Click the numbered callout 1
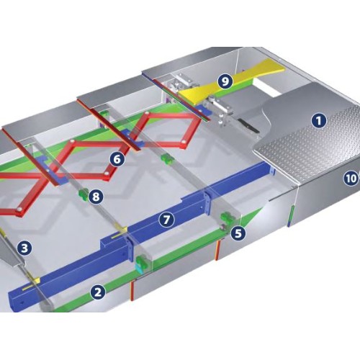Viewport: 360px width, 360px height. click(x=319, y=121)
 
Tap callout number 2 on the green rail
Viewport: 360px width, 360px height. click(x=98, y=292)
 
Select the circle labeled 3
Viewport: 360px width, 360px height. click(x=24, y=248)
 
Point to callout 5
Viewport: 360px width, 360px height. click(x=238, y=233)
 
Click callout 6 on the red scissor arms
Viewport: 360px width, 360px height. click(x=117, y=159)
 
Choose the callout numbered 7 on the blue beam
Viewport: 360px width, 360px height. click(x=166, y=220)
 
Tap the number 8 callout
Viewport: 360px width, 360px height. click(x=96, y=197)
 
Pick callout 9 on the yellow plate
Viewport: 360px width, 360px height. click(x=225, y=81)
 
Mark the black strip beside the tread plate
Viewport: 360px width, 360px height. click(x=248, y=125)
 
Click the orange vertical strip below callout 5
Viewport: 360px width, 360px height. click(x=217, y=250)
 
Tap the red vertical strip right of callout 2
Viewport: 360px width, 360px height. click(x=132, y=290)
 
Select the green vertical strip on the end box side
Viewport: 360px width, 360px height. click(x=290, y=215)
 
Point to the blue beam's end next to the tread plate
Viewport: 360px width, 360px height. click(x=271, y=170)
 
